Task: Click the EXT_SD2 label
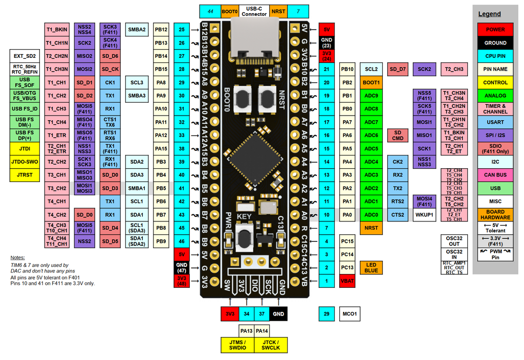click(x=24, y=56)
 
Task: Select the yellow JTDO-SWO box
click(x=24, y=162)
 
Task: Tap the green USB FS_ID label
click(x=24, y=108)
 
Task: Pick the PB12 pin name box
click(x=161, y=30)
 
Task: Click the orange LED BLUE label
click(x=371, y=267)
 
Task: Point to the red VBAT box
click(x=348, y=280)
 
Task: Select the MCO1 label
click(x=349, y=313)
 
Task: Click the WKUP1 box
click(x=424, y=215)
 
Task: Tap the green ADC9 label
click(x=371, y=96)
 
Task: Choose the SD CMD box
click(x=398, y=135)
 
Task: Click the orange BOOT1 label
click(x=371, y=82)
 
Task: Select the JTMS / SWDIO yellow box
click(x=237, y=345)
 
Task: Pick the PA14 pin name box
click(x=262, y=331)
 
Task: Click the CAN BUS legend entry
click(x=495, y=175)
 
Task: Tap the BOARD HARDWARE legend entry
click(x=495, y=215)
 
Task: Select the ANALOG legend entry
click(x=495, y=96)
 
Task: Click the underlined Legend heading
click(x=489, y=14)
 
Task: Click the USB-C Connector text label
click(x=254, y=11)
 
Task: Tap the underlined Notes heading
click(x=17, y=257)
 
